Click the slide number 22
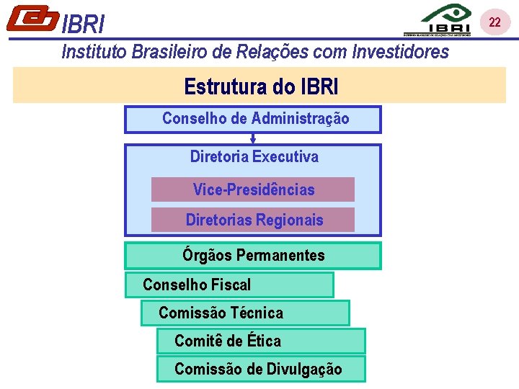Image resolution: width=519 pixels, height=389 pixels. click(494, 22)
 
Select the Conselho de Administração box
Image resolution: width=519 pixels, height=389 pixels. click(253, 119)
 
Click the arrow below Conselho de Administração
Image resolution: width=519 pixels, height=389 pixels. click(253, 138)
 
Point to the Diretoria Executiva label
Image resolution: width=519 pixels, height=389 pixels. click(254, 156)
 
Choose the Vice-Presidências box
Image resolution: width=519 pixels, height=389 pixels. click(253, 189)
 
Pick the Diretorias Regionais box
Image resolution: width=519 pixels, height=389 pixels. click(253, 220)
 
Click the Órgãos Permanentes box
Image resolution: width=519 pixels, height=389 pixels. click(253, 256)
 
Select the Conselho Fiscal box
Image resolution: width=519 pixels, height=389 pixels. click(229, 285)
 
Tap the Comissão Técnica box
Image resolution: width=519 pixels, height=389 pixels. click(245, 313)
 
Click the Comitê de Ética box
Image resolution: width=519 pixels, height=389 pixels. click(261, 341)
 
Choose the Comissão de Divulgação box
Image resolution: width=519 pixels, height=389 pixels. click(261, 370)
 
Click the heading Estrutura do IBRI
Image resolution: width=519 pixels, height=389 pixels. click(261, 86)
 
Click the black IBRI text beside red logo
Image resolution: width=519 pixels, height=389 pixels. click(84, 25)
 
